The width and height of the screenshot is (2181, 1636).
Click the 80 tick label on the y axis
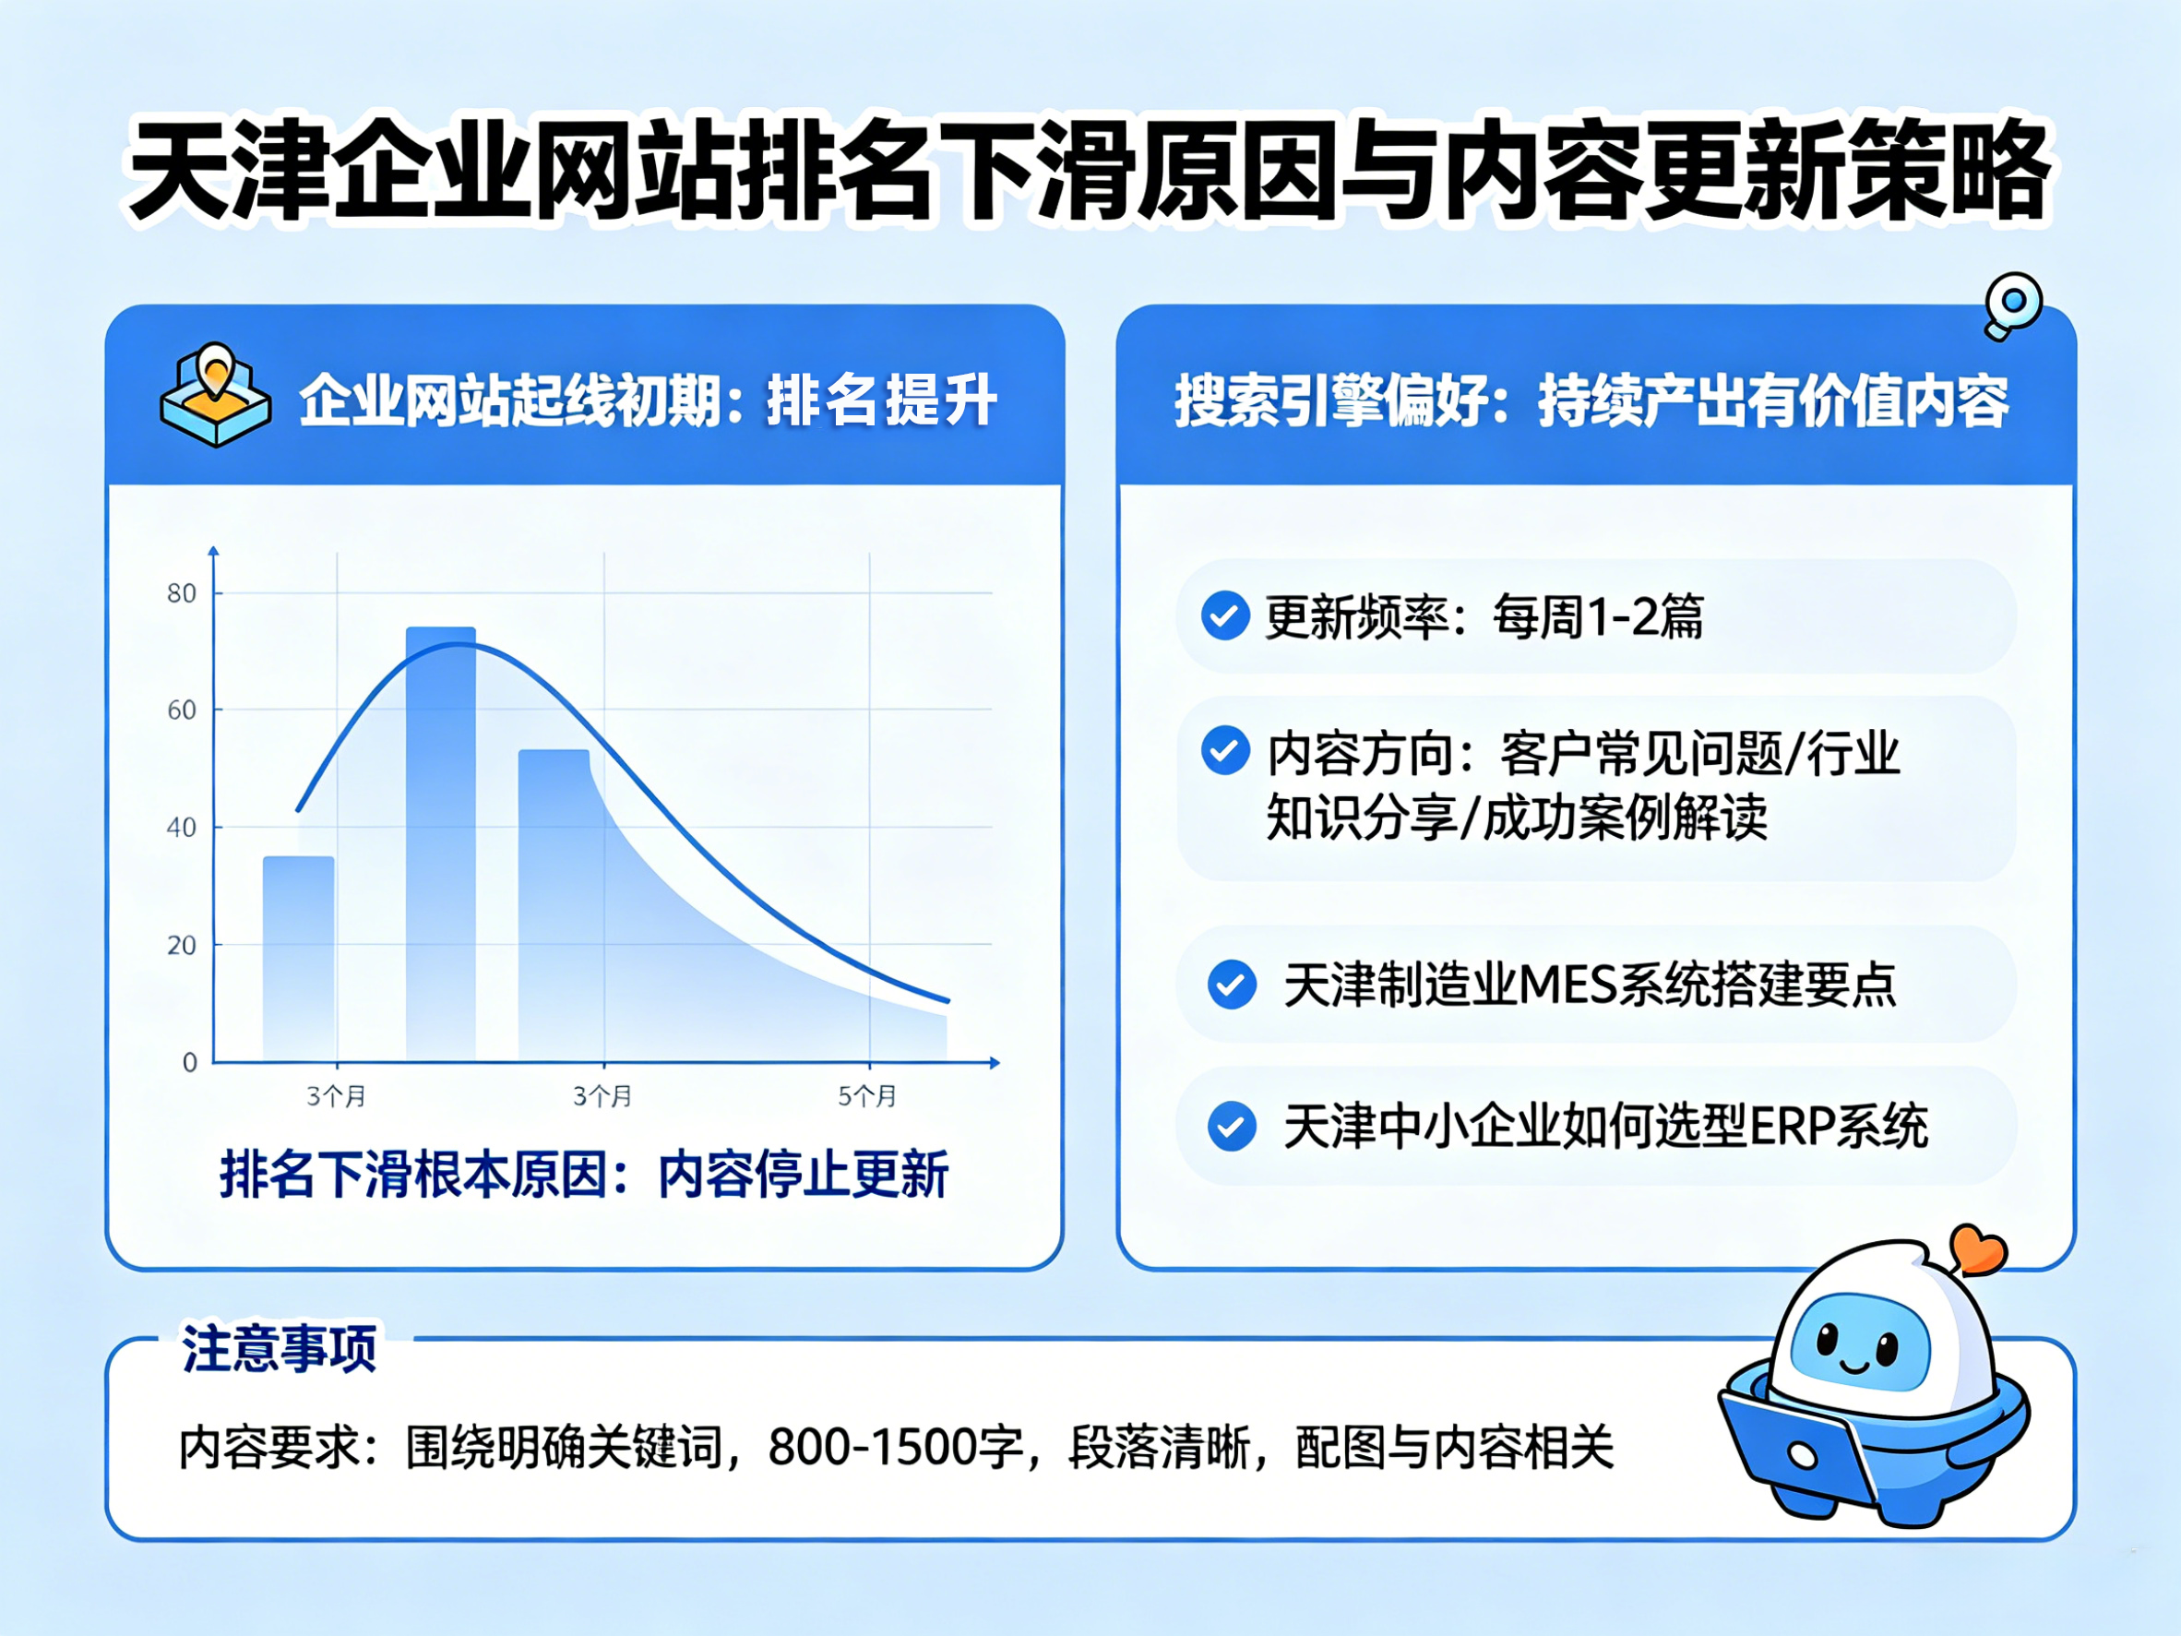point(182,592)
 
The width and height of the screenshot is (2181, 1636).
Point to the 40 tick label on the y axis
point(182,828)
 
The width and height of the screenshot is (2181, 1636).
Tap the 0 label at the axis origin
point(189,1062)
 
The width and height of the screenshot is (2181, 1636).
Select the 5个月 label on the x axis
point(867,1095)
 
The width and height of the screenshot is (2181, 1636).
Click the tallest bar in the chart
point(441,844)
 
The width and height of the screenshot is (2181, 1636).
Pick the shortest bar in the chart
point(299,960)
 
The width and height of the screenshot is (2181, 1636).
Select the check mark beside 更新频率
point(1225,616)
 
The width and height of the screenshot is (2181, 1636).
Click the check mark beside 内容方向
point(1225,751)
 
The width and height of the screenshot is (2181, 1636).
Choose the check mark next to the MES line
point(1232,985)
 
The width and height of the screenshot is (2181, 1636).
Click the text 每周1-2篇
point(1598,617)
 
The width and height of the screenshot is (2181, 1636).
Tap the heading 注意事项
point(279,1348)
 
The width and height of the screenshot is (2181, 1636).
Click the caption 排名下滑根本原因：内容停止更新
point(584,1174)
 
